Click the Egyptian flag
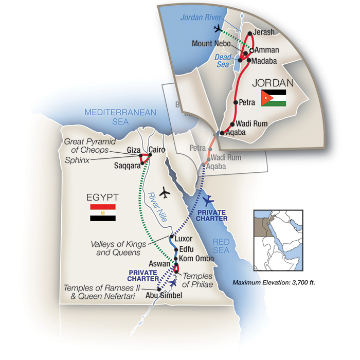102,212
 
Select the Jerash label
265,32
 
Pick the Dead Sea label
223,61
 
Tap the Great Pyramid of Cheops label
91,146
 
